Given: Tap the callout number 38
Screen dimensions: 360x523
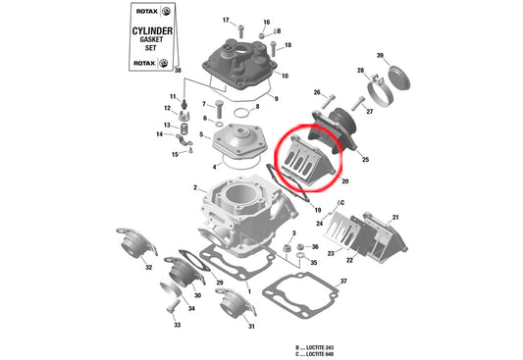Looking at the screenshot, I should pyautogui.click(x=178, y=72).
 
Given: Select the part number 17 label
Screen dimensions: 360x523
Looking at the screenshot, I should pyautogui.click(x=225, y=20).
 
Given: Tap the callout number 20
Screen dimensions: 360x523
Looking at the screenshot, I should pyautogui.click(x=344, y=181).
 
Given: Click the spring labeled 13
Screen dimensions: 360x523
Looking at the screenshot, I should pyautogui.click(x=181, y=128).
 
